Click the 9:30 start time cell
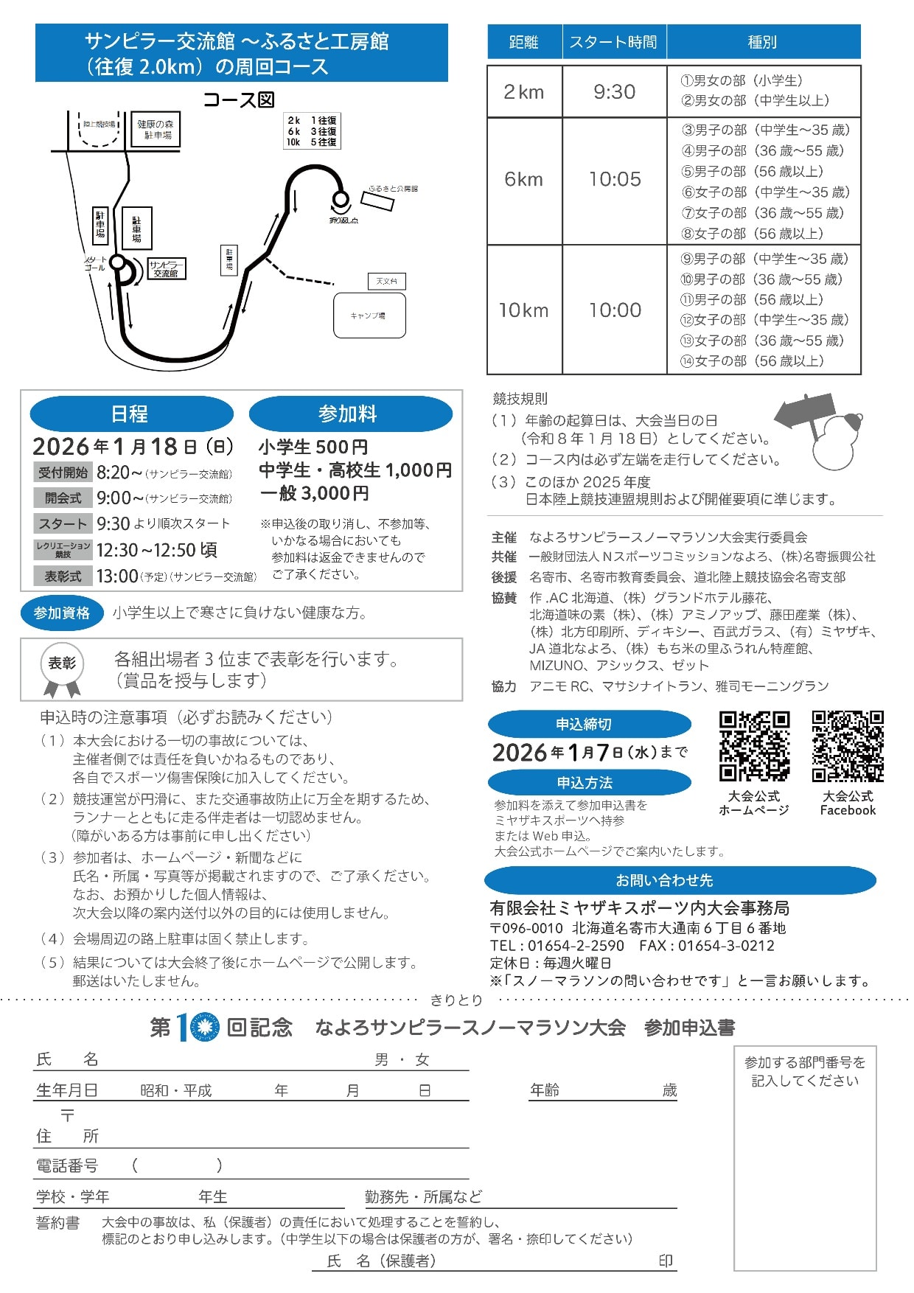pyautogui.click(x=614, y=91)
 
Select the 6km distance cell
pyautogui.click(x=523, y=179)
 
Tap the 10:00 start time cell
pyautogui.click(x=614, y=310)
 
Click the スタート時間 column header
pyautogui.click(x=613, y=42)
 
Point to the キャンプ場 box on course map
pyautogui.click(x=369, y=316)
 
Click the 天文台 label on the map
pyautogui.click(x=386, y=281)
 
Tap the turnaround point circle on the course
pyautogui.click(x=341, y=198)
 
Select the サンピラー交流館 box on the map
pyautogui.click(x=166, y=268)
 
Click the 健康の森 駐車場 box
pyautogui.click(x=157, y=130)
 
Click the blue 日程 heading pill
pyautogui.click(x=130, y=414)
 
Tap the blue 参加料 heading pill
pyautogui.click(x=349, y=414)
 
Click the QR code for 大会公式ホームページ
pyautogui.click(x=753, y=745)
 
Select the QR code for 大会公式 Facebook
pyautogui.click(x=847, y=745)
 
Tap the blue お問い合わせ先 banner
pyautogui.click(x=680, y=880)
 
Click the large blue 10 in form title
pyautogui.click(x=197, y=1028)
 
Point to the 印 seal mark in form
pyautogui.click(x=665, y=1261)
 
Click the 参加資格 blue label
pyautogui.click(x=62, y=613)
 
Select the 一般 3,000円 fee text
pyautogui.click(x=314, y=492)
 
